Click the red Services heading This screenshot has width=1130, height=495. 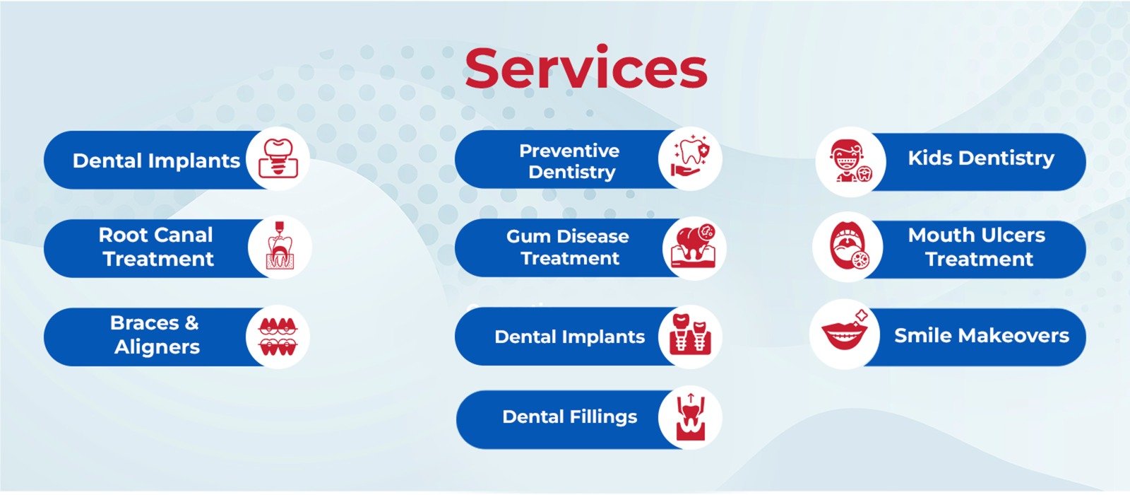[585, 69]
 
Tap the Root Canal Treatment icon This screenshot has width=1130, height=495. [280, 245]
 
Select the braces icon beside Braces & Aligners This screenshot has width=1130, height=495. [278, 337]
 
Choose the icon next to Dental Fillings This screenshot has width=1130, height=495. [690, 417]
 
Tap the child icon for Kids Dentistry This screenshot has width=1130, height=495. [850, 161]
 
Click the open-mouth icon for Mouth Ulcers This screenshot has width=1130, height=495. [848, 247]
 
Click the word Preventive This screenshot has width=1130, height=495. [569, 151]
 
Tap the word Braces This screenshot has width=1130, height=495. [144, 322]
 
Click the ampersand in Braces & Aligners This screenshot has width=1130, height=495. [191, 322]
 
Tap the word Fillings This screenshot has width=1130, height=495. [604, 417]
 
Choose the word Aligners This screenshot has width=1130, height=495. [157, 347]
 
